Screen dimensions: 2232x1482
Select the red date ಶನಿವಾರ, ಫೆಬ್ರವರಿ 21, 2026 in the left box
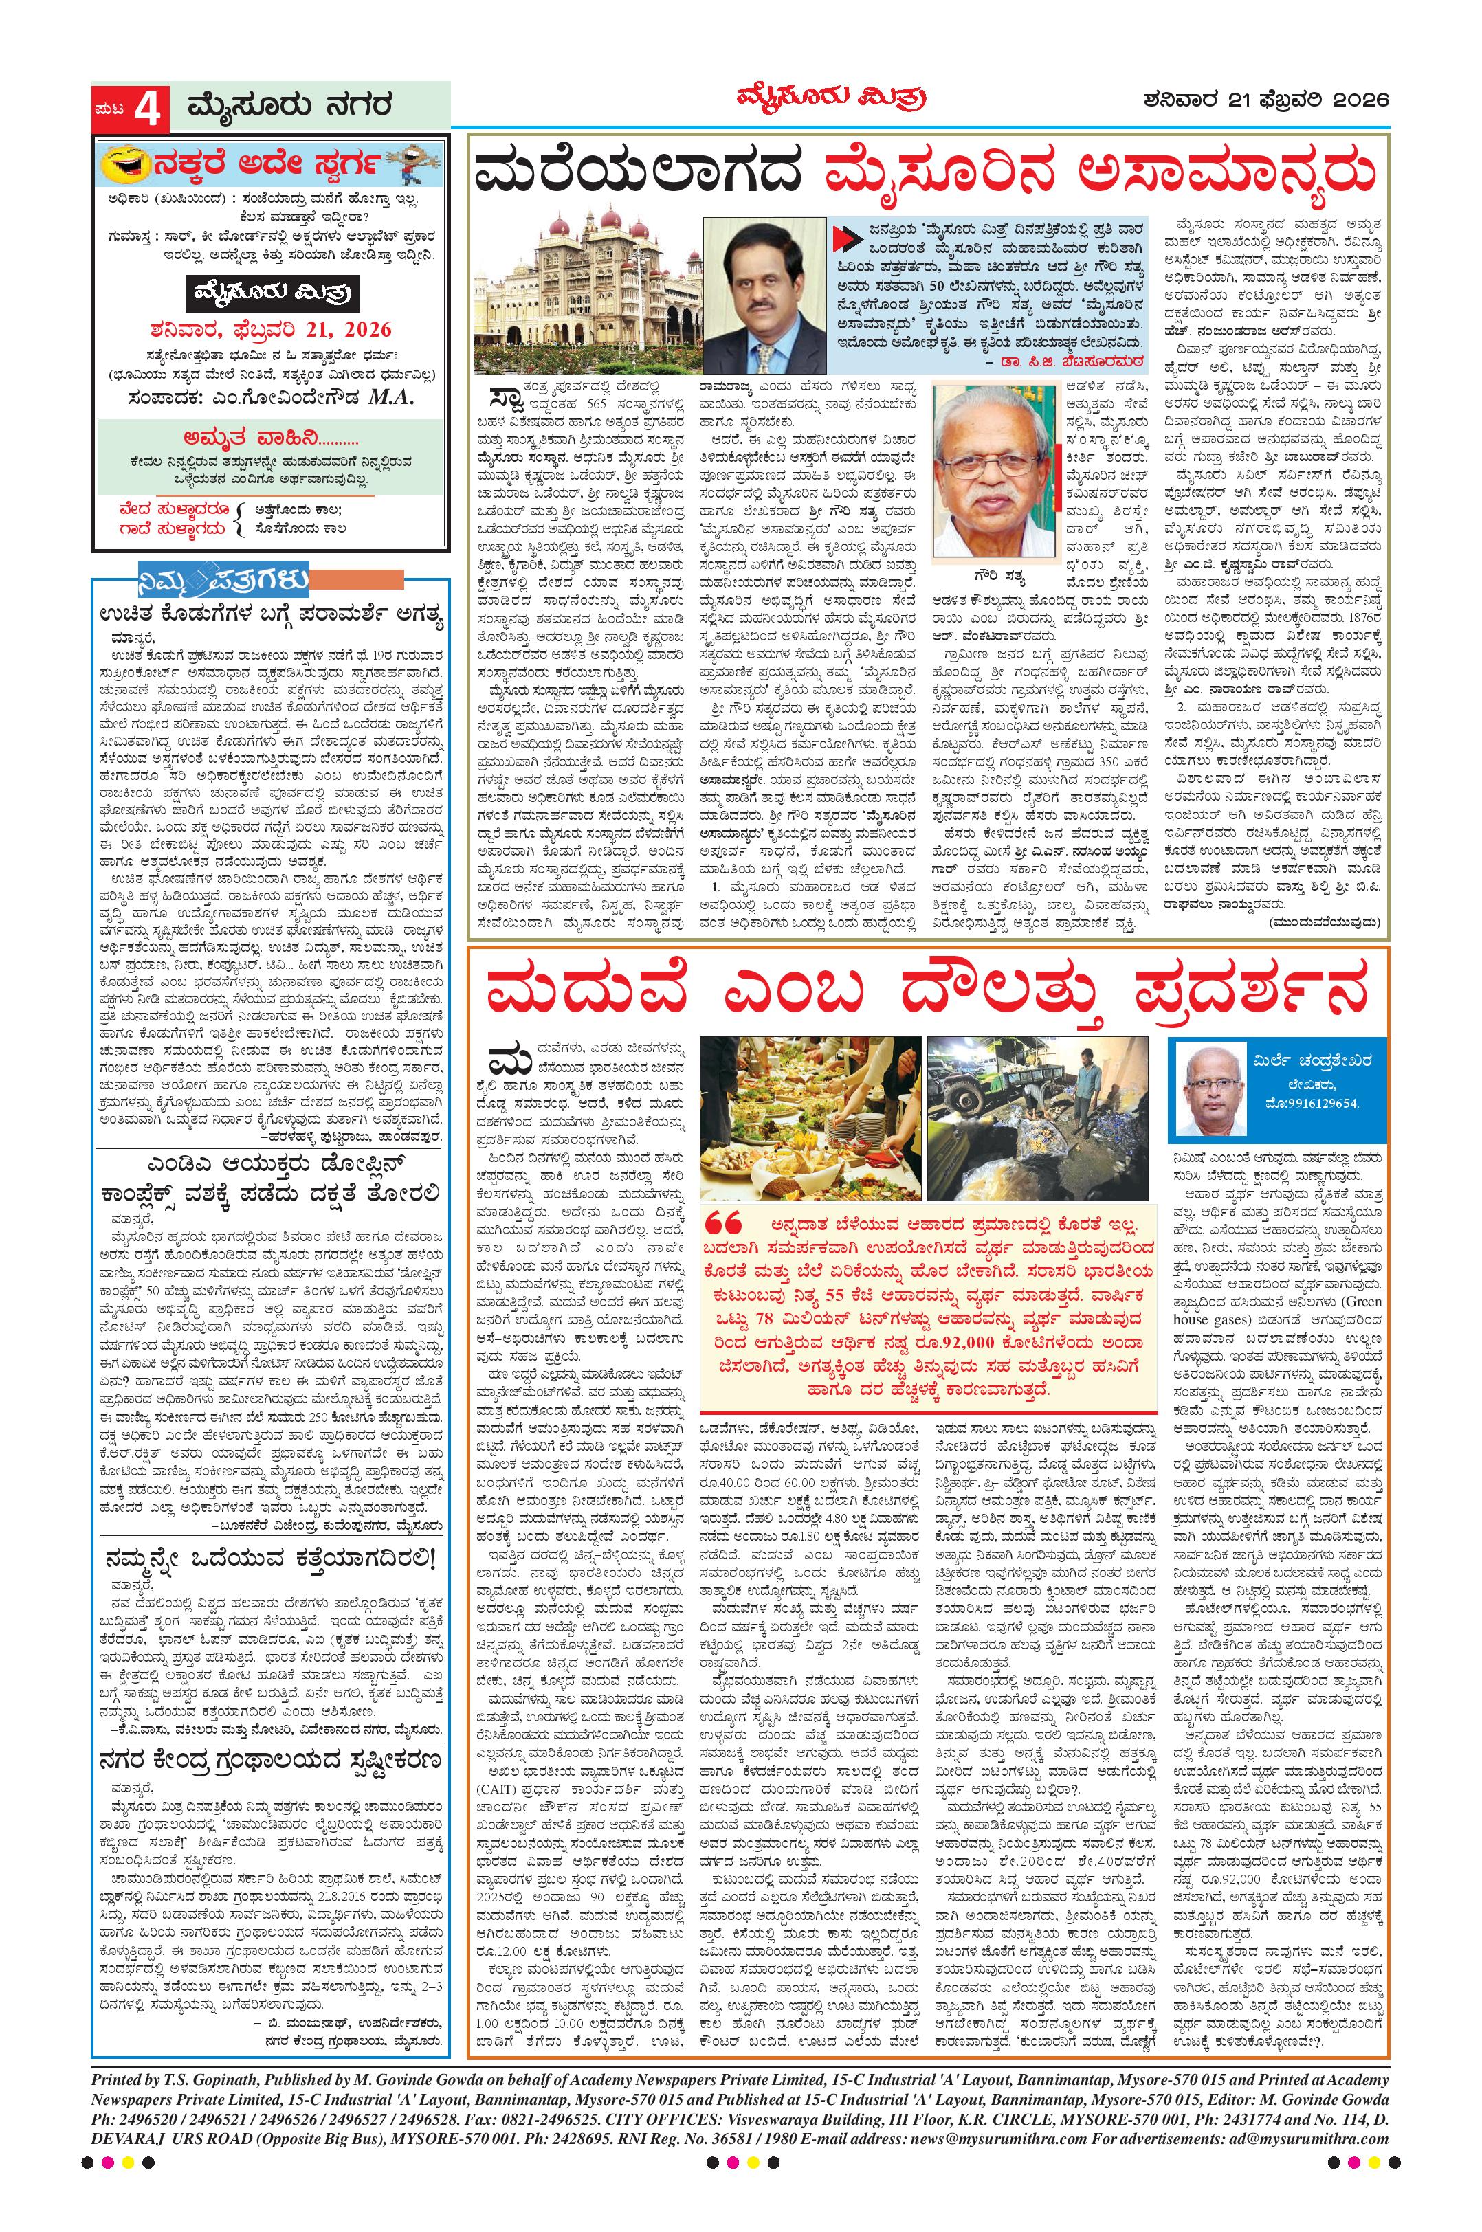tap(269, 331)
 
